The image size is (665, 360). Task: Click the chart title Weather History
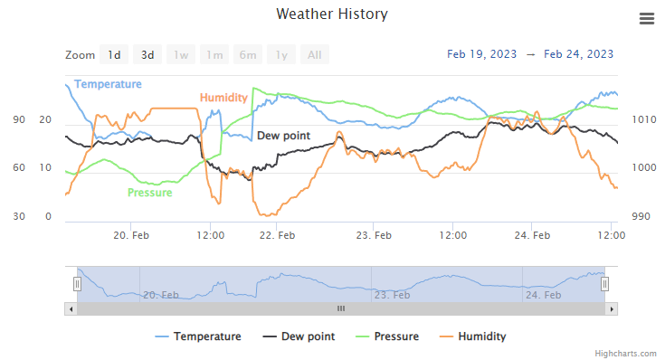click(332, 14)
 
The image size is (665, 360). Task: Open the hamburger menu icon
click(646, 19)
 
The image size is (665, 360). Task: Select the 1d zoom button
click(114, 55)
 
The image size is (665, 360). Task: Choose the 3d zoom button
click(147, 55)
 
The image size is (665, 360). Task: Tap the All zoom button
click(314, 55)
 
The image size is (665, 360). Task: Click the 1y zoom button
click(281, 55)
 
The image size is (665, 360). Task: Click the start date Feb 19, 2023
click(482, 54)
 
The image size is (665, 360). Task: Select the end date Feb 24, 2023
click(579, 54)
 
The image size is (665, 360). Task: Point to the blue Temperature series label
click(108, 84)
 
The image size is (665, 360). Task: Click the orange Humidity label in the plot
click(223, 98)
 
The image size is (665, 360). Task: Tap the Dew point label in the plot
click(283, 136)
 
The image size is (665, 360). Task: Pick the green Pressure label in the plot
click(150, 193)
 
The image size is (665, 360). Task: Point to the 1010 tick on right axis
click(644, 119)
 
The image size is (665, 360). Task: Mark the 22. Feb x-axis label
click(277, 236)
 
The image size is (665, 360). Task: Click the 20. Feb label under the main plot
click(131, 236)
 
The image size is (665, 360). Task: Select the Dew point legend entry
click(298, 336)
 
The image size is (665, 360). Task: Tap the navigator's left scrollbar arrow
click(71, 308)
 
